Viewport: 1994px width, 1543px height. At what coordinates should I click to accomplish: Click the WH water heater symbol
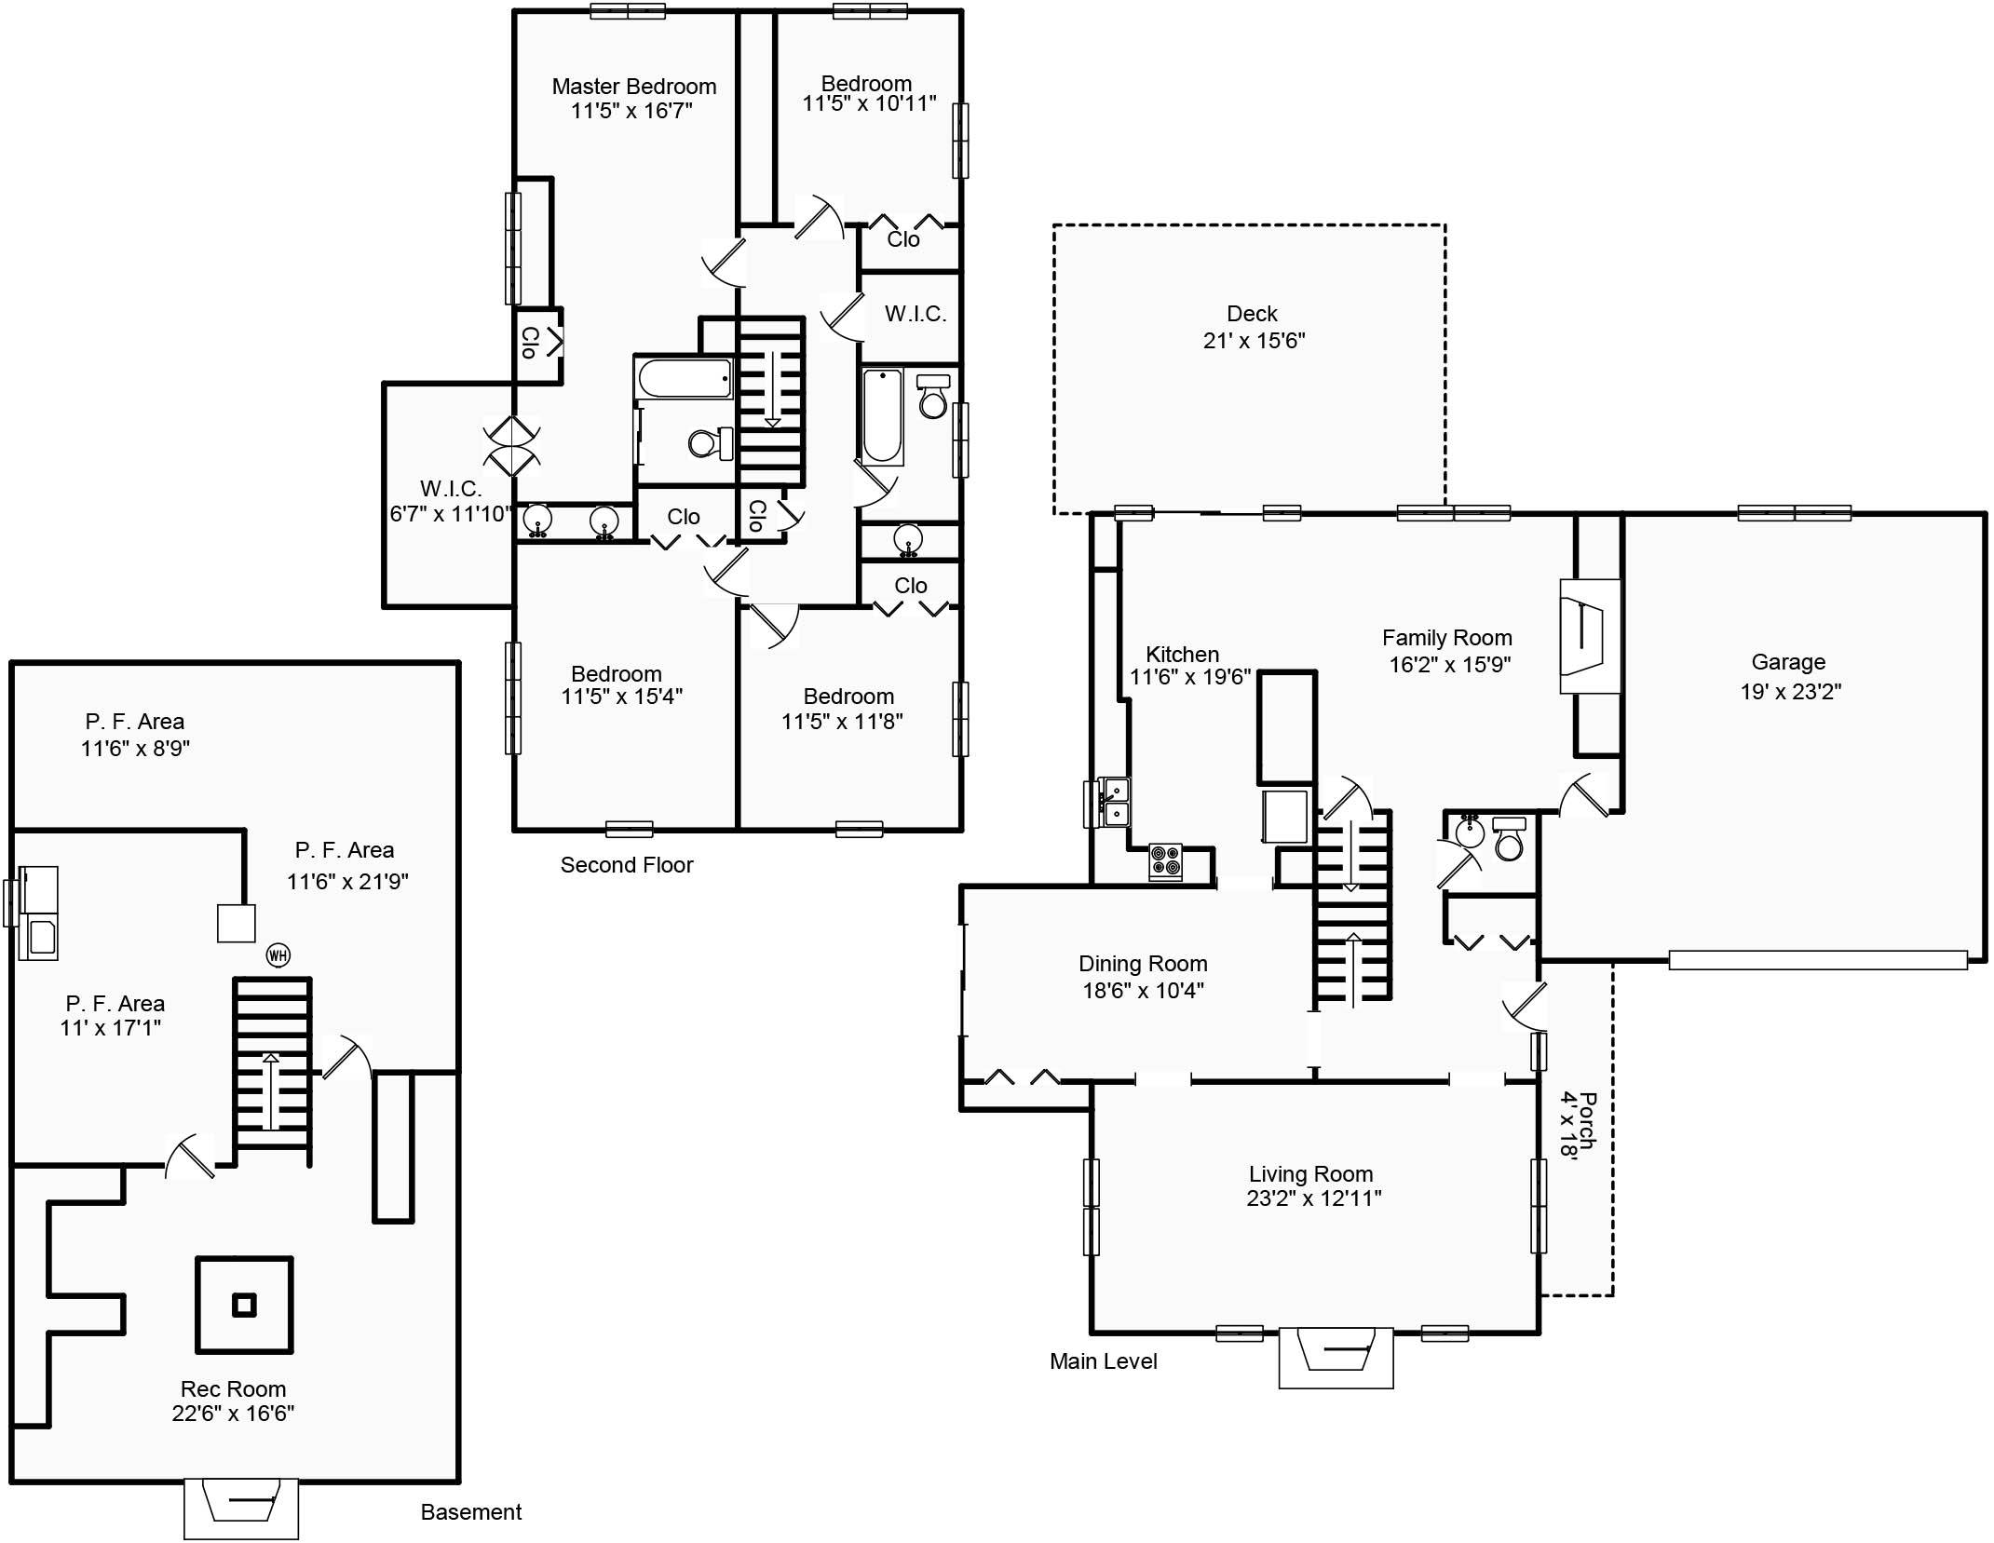tap(278, 954)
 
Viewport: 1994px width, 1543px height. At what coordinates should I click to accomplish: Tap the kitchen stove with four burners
tap(1165, 861)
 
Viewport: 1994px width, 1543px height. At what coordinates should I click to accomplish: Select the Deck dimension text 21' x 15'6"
tap(1254, 341)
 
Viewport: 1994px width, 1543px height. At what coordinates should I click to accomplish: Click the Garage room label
tap(1788, 662)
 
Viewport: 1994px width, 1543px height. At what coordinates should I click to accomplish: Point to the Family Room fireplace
tap(1590, 636)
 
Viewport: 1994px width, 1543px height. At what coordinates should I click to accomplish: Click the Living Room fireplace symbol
tap(1336, 1357)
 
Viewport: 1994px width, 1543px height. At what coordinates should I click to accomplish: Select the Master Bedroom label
tap(634, 87)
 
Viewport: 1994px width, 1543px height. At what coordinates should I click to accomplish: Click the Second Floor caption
tap(627, 865)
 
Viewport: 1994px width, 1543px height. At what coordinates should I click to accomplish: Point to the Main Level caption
tap(1104, 1361)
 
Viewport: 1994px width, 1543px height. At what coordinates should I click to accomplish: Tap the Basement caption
tap(471, 1512)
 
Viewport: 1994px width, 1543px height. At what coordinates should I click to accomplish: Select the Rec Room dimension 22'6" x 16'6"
tap(233, 1413)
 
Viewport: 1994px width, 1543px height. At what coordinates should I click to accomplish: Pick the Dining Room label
tap(1143, 964)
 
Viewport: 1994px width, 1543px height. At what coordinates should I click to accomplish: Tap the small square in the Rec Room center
tap(244, 1306)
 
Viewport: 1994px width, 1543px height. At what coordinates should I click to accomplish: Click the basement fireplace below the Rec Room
tap(241, 1509)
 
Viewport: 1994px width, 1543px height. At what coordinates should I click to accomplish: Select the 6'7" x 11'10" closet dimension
tap(451, 513)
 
